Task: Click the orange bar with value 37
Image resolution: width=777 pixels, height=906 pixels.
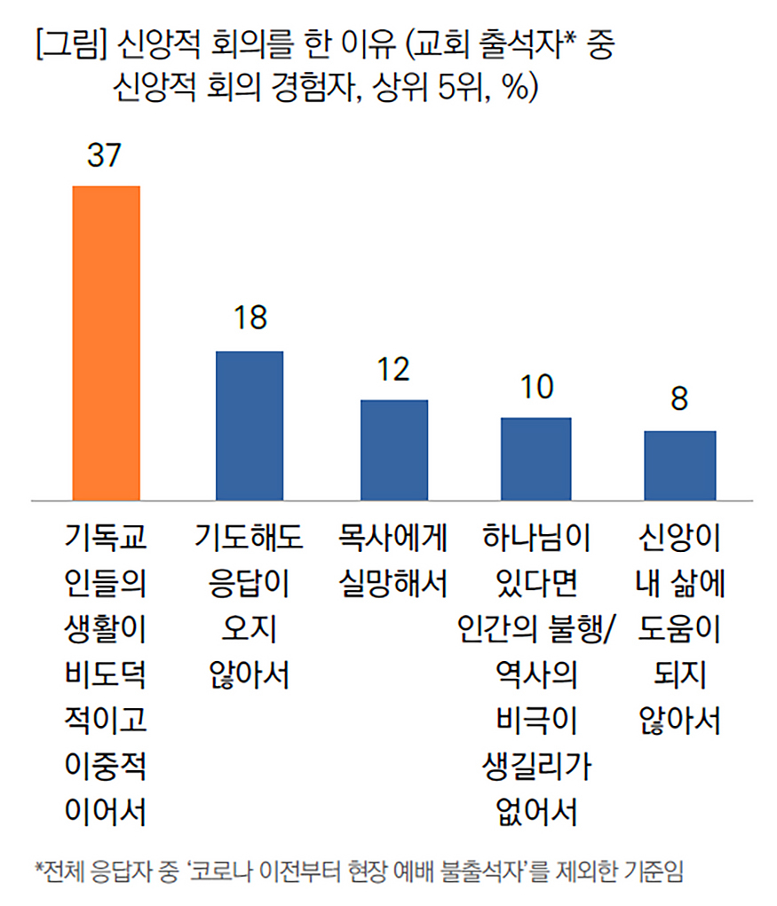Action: [106, 343]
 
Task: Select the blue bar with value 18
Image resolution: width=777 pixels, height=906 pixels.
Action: [250, 425]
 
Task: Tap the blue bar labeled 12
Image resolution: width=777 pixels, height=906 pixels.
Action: [393, 450]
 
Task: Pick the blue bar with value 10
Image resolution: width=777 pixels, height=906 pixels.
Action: [535, 458]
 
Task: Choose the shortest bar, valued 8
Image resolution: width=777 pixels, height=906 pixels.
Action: [679, 465]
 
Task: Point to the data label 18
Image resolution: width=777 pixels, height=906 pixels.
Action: [250, 319]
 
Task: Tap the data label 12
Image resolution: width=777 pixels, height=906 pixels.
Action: [392, 368]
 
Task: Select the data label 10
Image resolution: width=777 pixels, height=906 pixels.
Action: [535, 387]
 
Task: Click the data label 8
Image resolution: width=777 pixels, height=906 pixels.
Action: [679, 398]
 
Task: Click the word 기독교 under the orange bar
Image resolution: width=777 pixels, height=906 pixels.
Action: [106, 538]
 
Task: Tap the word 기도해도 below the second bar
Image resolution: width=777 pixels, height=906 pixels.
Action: [250, 538]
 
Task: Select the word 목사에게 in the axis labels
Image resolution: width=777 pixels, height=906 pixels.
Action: [392, 538]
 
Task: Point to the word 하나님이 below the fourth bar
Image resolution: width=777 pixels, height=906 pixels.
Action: [536, 538]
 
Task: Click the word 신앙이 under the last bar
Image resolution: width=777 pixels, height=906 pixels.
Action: [679, 538]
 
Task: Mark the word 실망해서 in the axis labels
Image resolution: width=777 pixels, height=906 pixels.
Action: [392, 584]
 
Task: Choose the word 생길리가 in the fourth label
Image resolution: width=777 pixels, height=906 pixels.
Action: [536, 766]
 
